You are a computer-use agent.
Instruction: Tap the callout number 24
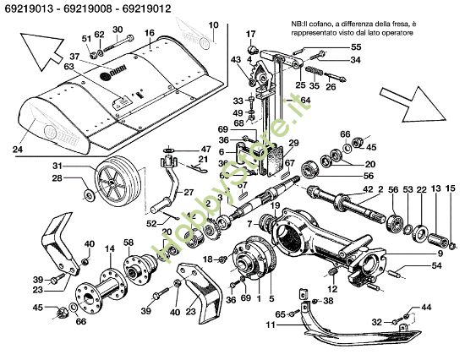(x=17, y=150)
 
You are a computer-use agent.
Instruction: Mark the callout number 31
(x=82, y=165)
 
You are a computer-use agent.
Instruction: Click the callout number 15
(x=451, y=188)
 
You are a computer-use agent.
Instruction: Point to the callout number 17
(x=250, y=33)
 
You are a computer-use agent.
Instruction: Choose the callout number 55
(x=331, y=47)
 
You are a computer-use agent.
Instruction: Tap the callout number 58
(x=129, y=243)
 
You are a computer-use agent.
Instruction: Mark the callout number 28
(x=82, y=179)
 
